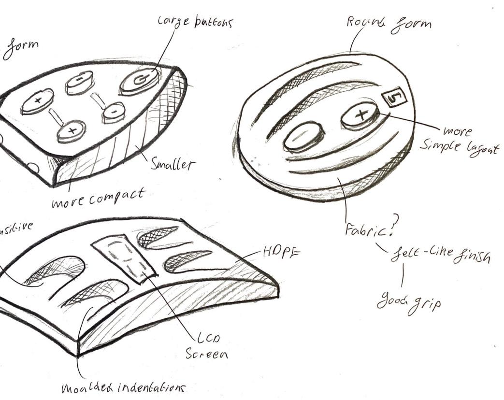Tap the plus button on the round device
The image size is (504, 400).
click(x=360, y=115)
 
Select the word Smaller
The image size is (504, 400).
click(x=173, y=165)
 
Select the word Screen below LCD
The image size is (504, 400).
click(x=207, y=354)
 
